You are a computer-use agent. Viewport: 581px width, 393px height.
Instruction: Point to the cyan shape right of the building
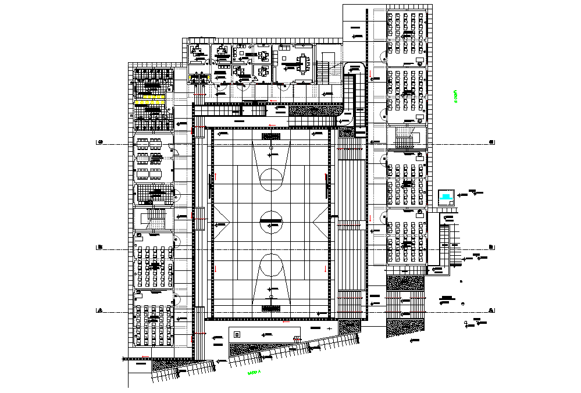tap(446, 197)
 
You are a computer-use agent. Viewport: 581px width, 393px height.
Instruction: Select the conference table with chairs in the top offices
tap(303, 62)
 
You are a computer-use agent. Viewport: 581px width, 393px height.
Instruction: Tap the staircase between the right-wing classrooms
tap(404, 138)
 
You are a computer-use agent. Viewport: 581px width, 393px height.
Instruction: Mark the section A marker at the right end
tap(492, 310)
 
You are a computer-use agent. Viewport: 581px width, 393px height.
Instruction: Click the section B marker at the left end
tap(100, 248)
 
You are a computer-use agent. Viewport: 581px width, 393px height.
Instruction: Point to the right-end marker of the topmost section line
tap(492, 142)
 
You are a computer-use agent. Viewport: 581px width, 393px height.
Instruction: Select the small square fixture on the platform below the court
tap(238, 334)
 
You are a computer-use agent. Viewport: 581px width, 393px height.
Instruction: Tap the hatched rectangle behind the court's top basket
tap(271, 136)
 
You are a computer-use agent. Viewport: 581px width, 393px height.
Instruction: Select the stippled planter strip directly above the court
tap(317, 109)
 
